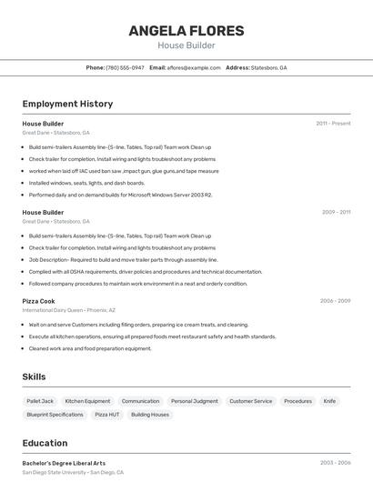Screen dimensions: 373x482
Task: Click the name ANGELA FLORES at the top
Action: pyautogui.click(x=186, y=31)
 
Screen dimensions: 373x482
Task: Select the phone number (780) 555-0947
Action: pyautogui.click(x=125, y=67)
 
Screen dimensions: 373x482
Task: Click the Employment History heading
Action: pyautogui.click(x=67, y=104)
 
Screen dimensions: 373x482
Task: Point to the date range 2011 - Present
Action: pyautogui.click(x=333, y=123)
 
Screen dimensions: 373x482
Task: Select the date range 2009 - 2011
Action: pyautogui.click(x=336, y=212)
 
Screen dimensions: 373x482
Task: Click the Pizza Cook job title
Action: pyautogui.click(x=38, y=301)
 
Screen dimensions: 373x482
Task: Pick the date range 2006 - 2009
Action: pyautogui.click(x=335, y=301)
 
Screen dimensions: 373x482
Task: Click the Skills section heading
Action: pyautogui.click(x=35, y=377)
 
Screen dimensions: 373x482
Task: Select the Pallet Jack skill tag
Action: pyautogui.click(x=40, y=401)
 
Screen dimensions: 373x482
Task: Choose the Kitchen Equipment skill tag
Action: pyautogui.click(x=87, y=401)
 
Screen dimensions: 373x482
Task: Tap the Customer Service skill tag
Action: pyautogui.click(x=250, y=401)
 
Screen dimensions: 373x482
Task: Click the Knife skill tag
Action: pyautogui.click(x=329, y=401)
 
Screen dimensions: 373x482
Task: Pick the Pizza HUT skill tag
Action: pyautogui.click(x=107, y=415)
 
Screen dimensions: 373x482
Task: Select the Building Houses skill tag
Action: pyautogui.click(x=150, y=415)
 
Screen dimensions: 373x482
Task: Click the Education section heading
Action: pyautogui.click(x=45, y=443)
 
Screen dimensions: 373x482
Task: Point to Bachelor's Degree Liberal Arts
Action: pyautogui.click(x=64, y=463)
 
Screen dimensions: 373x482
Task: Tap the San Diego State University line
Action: pyautogui.click(x=73, y=473)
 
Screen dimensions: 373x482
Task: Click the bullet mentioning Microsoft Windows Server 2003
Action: pyautogui.click(x=120, y=195)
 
